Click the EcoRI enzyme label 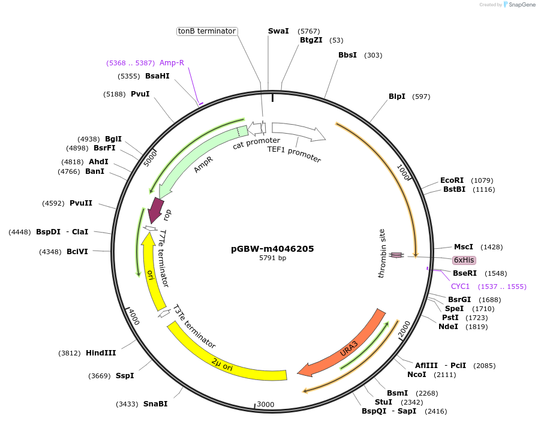point(452,180)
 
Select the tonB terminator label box point(206,31)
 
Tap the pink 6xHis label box point(464,260)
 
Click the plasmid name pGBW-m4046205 point(272,249)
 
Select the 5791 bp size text point(272,258)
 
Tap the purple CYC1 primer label point(460,287)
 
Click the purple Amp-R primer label point(172,62)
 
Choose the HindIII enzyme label point(101,353)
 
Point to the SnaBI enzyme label point(155,404)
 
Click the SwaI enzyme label point(278,31)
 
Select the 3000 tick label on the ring point(265,405)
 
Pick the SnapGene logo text point(521,5)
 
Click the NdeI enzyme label point(448,327)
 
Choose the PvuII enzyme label point(81,203)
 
